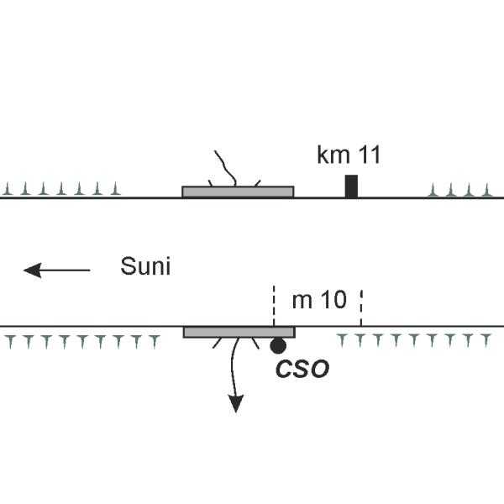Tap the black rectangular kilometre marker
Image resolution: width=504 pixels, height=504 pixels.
click(x=351, y=186)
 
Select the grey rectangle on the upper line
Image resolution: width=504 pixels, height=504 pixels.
click(x=238, y=192)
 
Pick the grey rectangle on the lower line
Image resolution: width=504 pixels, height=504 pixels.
click(x=239, y=332)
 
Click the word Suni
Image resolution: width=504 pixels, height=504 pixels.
click(x=145, y=268)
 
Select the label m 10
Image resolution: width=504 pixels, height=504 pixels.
click(x=318, y=300)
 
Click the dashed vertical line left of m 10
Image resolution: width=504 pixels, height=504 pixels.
click(x=274, y=306)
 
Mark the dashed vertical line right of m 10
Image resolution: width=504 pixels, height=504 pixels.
click(x=361, y=307)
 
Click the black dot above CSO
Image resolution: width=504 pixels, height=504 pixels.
click(x=277, y=344)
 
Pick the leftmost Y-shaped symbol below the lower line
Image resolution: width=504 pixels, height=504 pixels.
click(x=9, y=340)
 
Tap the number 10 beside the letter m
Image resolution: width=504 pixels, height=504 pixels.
click(x=333, y=300)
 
